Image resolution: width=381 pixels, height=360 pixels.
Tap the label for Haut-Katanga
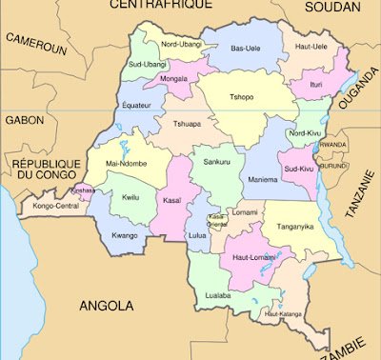point(283,313)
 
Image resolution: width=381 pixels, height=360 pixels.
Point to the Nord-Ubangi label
point(180,45)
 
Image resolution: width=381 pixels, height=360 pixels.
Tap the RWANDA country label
point(333,144)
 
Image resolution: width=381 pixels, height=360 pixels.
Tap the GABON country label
point(24,121)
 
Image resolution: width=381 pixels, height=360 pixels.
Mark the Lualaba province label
point(219,295)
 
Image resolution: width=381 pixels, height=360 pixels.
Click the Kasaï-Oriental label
point(217,219)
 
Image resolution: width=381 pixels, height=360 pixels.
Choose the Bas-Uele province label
point(245,48)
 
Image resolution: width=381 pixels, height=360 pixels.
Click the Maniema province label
point(263,179)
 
